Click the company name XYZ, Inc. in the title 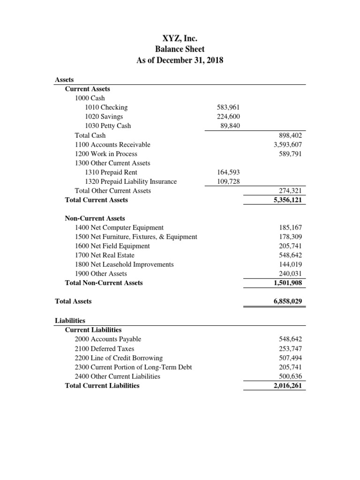pyautogui.click(x=180, y=38)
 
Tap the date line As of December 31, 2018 pyautogui.click(x=180, y=60)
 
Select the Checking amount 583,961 pyautogui.click(x=229, y=107)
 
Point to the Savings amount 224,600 pyautogui.click(x=229, y=117)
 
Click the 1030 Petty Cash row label pyautogui.click(x=108, y=126)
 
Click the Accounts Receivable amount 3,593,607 pyautogui.click(x=288, y=144)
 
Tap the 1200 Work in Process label pyautogui.click(x=106, y=154)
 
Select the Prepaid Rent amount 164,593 pyautogui.click(x=229, y=172)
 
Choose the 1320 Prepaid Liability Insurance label pyautogui.click(x=131, y=181)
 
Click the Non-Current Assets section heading pyautogui.click(x=95, y=218)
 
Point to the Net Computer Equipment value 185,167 pyautogui.click(x=291, y=227)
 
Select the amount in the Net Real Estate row pyautogui.click(x=291, y=255)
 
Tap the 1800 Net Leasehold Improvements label pyautogui.click(x=124, y=264)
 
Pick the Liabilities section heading pyautogui.click(x=70, y=321)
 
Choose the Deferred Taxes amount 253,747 pyautogui.click(x=291, y=349)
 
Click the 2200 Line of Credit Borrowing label pyautogui.click(x=119, y=358)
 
